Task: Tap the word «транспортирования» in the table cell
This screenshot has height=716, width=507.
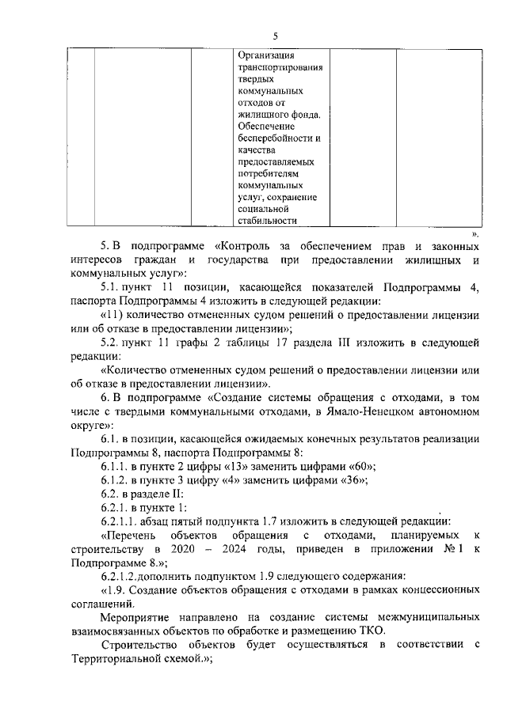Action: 280,67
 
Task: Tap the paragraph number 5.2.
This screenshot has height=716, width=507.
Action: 110,342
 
